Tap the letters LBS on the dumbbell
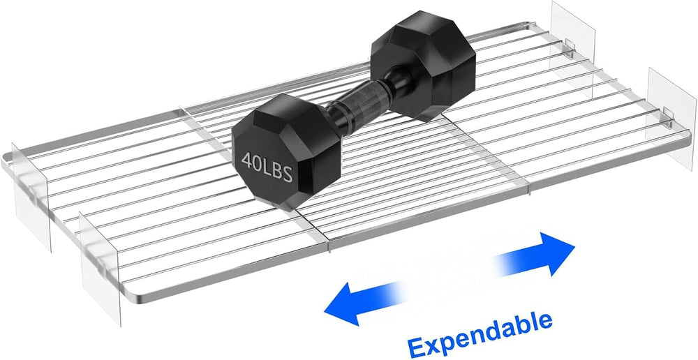pyautogui.click(x=277, y=170)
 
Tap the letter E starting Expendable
pyautogui.click(x=417, y=347)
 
